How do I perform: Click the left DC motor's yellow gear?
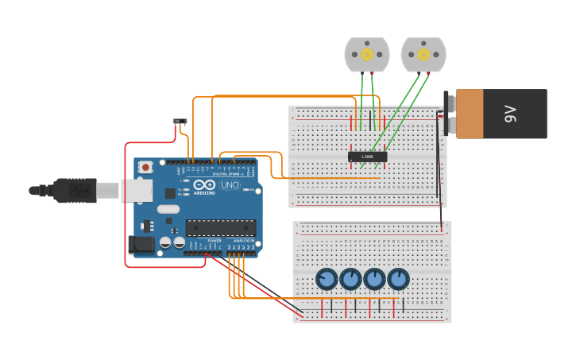click(366, 54)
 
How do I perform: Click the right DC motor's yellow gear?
click(423, 54)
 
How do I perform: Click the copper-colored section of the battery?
click(470, 114)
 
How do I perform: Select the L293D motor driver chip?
click(367, 157)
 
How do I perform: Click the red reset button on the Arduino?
click(145, 167)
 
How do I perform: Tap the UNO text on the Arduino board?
click(230, 185)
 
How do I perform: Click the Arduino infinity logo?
click(203, 184)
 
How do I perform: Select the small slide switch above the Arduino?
click(180, 122)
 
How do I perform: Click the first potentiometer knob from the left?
click(327, 279)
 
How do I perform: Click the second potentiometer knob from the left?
click(350, 279)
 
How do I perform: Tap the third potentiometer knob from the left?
click(374, 279)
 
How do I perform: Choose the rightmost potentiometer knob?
click(398, 279)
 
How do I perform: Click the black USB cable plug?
click(75, 191)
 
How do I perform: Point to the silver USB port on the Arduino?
click(136, 190)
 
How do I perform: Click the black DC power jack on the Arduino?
click(141, 245)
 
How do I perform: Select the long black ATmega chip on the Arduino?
click(221, 227)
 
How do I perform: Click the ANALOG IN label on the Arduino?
click(244, 240)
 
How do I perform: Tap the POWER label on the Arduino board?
click(214, 240)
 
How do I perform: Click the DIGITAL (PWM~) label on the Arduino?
click(229, 173)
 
